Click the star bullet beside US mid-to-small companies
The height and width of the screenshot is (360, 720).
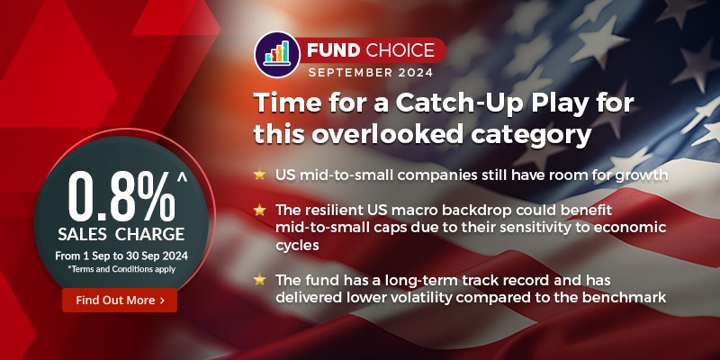(259, 174)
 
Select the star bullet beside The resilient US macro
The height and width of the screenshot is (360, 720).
(259, 210)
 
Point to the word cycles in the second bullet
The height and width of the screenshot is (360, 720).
(302, 244)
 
